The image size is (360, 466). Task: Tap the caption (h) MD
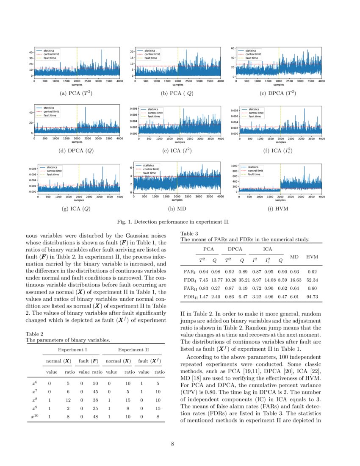(x=177, y=208)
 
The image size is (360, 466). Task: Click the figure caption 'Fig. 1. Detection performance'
(x=173, y=222)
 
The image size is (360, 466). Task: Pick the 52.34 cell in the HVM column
(x=312, y=280)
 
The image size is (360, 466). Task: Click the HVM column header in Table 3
(x=312, y=257)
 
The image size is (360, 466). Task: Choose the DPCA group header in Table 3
(x=235, y=249)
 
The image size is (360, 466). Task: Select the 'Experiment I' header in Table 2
(x=72, y=349)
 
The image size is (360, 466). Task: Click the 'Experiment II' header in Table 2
(x=133, y=349)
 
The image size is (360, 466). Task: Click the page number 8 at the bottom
(x=173, y=444)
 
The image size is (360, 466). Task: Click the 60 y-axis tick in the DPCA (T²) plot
(x=233, y=49)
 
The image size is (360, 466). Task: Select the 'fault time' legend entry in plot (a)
(x=49, y=58)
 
